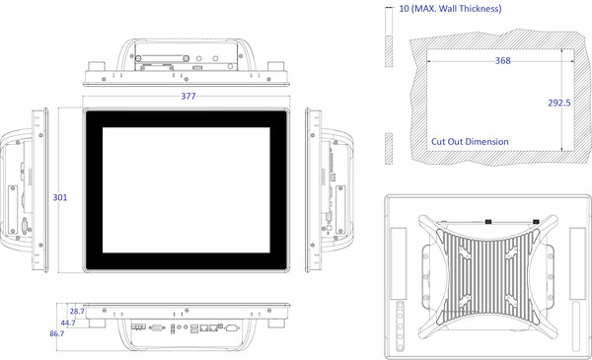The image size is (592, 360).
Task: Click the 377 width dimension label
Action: (188, 97)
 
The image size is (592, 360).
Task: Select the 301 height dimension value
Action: (59, 197)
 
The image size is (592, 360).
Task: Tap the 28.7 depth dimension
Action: (77, 312)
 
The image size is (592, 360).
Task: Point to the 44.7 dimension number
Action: (68, 324)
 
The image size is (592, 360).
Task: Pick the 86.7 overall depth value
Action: (56, 333)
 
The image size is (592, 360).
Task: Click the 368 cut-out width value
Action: (502, 61)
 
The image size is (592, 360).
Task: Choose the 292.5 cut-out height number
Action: (559, 103)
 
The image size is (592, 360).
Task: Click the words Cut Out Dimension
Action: (470, 141)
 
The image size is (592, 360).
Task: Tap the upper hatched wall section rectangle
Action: (389, 51)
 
